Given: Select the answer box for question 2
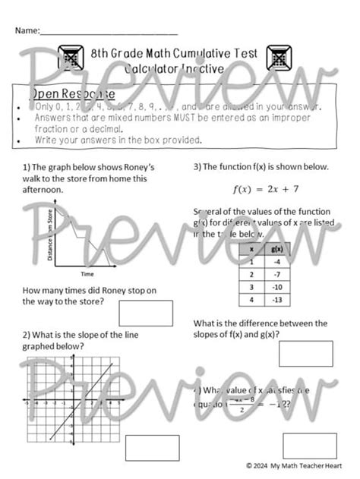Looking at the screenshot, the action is click(x=152, y=447).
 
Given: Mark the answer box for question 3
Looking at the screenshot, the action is click(x=305, y=354).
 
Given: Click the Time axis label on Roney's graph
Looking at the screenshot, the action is click(x=87, y=273).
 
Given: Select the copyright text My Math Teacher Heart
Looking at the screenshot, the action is click(x=304, y=465).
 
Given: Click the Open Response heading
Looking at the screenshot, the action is click(x=72, y=94).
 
